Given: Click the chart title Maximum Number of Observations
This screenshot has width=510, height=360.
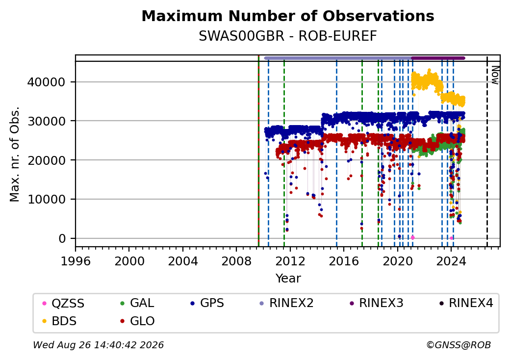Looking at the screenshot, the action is pos(288,16).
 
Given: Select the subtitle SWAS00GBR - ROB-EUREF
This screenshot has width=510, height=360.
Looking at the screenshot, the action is pos(288,36).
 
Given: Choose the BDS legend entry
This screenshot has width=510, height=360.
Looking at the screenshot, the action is pos(60,321).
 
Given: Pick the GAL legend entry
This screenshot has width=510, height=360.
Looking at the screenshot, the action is pos(138,303).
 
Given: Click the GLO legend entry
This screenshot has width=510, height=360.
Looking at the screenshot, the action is pos(138,321).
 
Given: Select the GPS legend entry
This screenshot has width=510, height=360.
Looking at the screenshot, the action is pos(207,303).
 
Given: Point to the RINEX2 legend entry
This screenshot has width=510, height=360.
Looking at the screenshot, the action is pos(286,303).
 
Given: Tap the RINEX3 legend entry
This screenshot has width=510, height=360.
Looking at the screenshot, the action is pos(376,303).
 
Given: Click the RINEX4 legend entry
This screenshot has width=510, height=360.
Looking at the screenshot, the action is pos(466,303).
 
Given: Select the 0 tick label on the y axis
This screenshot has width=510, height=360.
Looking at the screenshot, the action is pos(62,239).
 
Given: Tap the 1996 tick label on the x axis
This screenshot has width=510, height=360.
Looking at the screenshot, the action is pos(76,261).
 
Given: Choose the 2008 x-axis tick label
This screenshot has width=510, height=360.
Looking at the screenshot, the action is pos(236,261).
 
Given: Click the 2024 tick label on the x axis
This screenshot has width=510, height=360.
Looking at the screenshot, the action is pos(451,261).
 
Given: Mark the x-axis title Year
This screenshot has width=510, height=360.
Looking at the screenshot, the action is pos(288,279).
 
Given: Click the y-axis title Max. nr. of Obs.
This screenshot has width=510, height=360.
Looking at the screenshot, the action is pos(15,154).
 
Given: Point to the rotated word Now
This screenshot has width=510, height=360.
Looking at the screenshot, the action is pos(495,75).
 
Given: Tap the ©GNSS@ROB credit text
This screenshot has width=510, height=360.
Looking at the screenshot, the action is pos(459,345).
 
